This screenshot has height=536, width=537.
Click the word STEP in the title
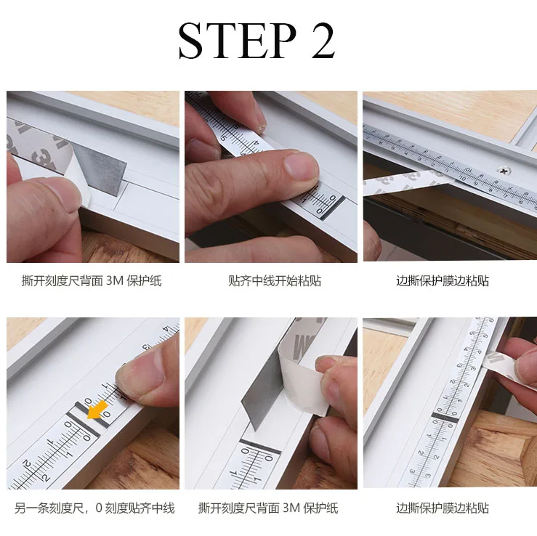(238, 41)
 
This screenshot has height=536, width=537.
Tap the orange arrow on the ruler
(97, 410)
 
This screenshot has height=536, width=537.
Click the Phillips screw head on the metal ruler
(503, 169)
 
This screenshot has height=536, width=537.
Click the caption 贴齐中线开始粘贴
(275, 280)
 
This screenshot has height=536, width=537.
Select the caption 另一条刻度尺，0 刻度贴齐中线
(94, 508)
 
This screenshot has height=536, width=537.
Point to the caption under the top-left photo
(92, 280)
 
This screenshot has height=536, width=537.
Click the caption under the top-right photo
(443, 280)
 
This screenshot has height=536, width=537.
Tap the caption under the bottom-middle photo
(268, 508)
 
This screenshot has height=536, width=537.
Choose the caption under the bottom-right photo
(443, 508)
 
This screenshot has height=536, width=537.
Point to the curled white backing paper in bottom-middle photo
(302, 373)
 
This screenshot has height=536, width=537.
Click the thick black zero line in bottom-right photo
(445, 417)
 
